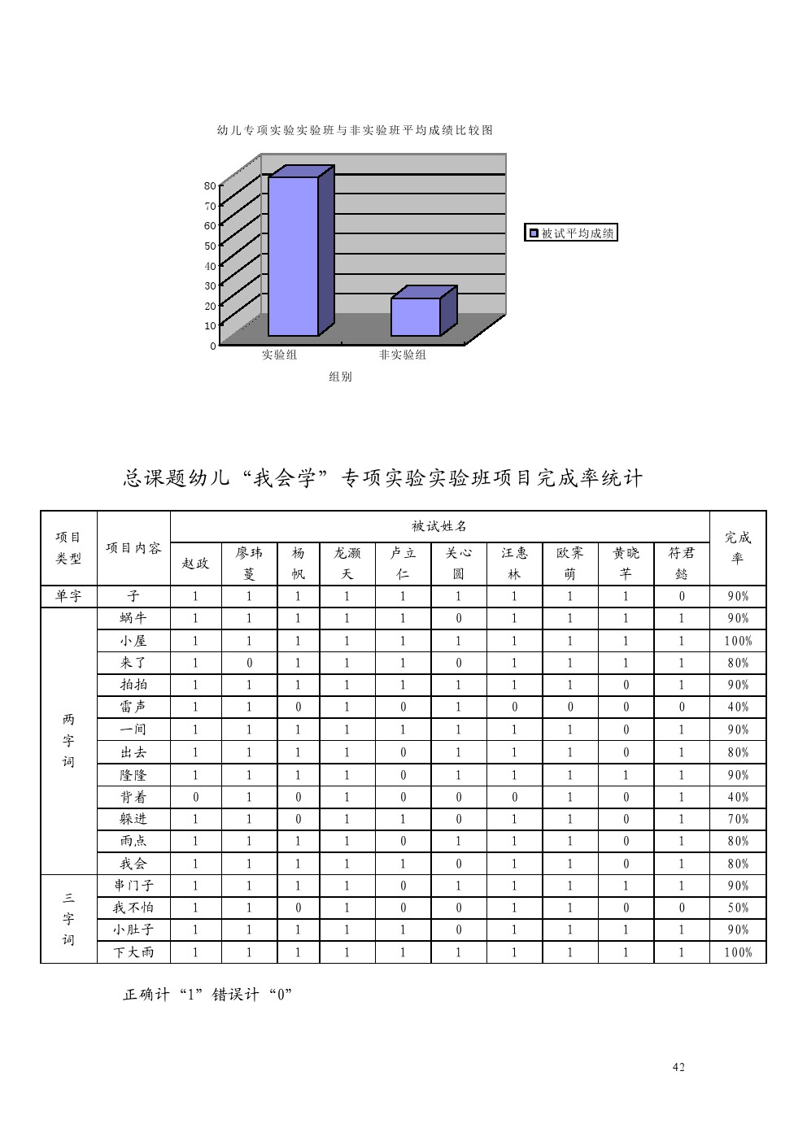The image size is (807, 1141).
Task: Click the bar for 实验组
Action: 300,250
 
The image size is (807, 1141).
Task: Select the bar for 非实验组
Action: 423,311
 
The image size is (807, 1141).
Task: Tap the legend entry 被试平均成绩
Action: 570,233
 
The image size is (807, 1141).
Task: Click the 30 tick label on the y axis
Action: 210,285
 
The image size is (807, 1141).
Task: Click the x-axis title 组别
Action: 340,377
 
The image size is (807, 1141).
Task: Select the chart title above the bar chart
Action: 355,130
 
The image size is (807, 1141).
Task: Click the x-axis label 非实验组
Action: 402,355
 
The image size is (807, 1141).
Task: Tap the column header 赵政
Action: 195,564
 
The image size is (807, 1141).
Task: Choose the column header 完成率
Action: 737,547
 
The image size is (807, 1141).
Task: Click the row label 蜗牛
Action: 133,618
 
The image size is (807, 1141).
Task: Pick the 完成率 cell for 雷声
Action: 738,707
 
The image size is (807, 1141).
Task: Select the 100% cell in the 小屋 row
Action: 738,641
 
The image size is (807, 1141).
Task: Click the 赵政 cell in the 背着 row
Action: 195,797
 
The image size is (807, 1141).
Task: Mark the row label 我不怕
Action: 133,908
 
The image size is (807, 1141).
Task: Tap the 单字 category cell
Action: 68,596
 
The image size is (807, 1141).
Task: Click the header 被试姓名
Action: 439,526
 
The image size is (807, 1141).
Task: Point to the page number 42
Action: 678,1067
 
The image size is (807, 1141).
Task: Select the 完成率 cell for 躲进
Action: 738,819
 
